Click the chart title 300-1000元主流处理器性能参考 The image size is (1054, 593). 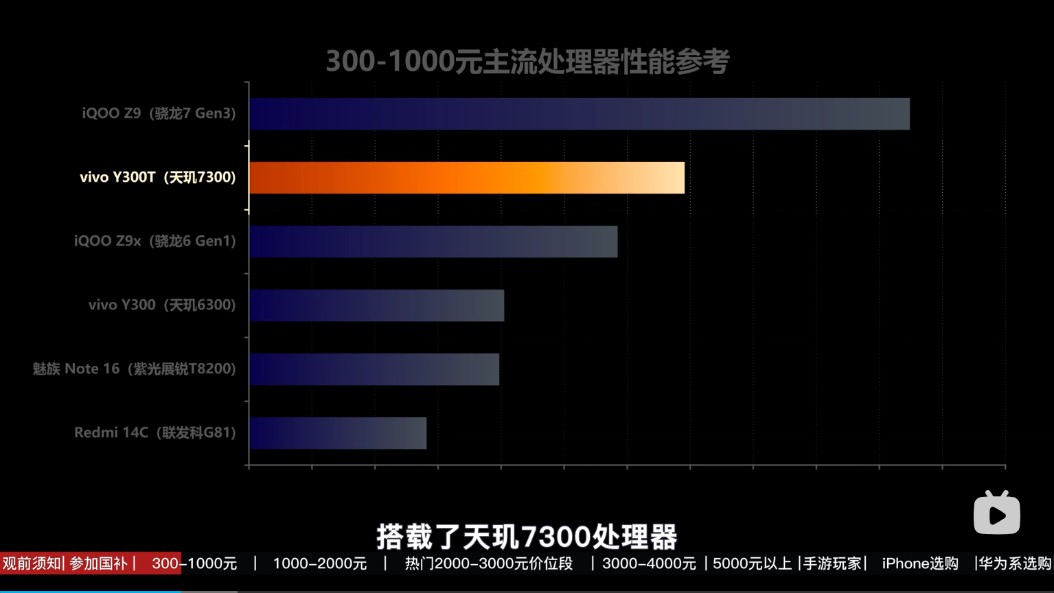click(x=527, y=62)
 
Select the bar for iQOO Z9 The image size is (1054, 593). click(x=579, y=114)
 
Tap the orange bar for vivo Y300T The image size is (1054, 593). click(x=467, y=178)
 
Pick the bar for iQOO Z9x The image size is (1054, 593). click(x=433, y=242)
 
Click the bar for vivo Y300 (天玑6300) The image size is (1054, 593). click(x=376, y=305)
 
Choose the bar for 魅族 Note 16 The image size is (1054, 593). click(x=374, y=369)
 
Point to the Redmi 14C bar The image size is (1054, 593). click(x=338, y=433)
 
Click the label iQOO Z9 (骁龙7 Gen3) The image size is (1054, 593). click(x=159, y=113)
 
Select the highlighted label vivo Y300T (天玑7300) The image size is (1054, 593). click(x=157, y=177)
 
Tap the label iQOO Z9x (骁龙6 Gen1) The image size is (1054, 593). click(x=154, y=241)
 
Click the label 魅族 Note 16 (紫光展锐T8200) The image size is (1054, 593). click(x=134, y=369)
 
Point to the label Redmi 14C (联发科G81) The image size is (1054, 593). click(x=154, y=432)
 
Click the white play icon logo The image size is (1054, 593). click(x=997, y=513)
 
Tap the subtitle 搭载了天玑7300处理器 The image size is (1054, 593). click(x=527, y=537)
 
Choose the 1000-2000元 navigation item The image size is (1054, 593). click(x=320, y=563)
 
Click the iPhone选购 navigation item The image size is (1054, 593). click(x=919, y=563)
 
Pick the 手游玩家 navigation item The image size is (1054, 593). click(x=832, y=563)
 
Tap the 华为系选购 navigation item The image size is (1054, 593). click(x=1015, y=563)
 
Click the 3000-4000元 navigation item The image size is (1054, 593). click(x=649, y=563)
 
